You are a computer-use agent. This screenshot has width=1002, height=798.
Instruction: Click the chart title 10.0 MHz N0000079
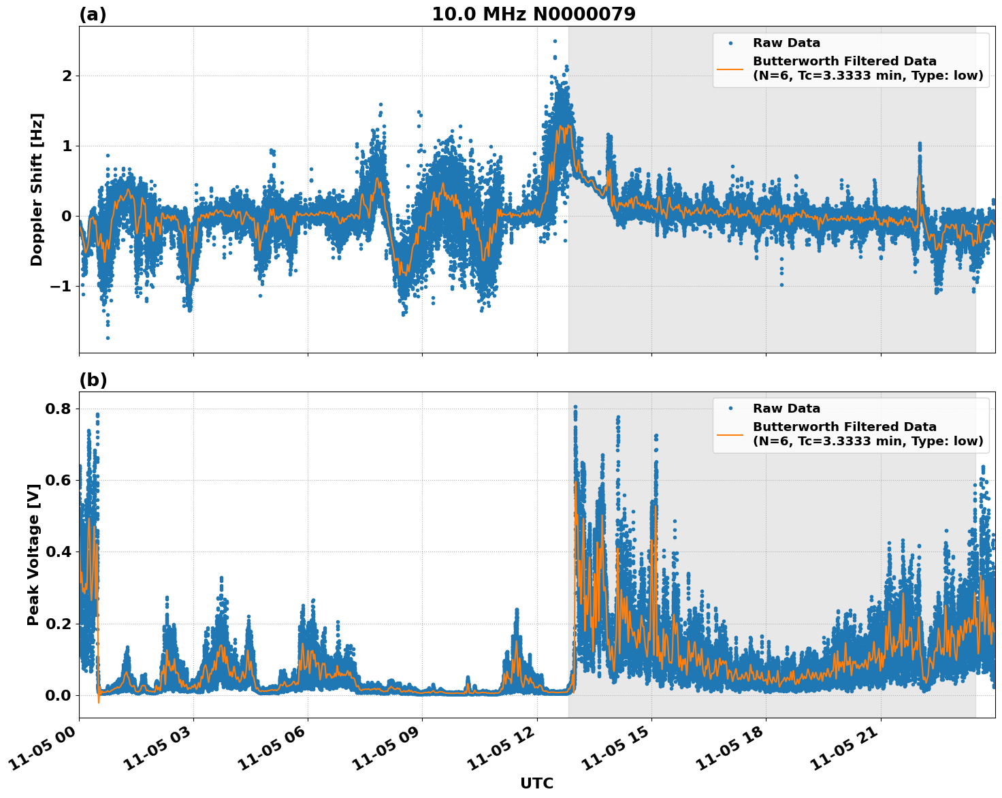(x=533, y=14)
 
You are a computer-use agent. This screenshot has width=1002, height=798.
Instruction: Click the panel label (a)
(x=93, y=14)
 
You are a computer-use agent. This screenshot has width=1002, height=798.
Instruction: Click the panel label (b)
(x=93, y=380)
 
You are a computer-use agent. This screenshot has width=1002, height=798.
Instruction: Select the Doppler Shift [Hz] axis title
(x=37, y=189)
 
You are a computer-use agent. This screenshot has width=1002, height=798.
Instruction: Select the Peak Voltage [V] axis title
(x=33, y=555)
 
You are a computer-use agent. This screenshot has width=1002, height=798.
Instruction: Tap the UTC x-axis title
(x=536, y=783)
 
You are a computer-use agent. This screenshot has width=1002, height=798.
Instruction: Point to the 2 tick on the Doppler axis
(x=67, y=76)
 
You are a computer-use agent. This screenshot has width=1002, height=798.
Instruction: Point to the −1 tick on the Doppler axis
(x=61, y=286)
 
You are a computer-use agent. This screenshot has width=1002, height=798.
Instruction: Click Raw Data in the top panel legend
(x=786, y=43)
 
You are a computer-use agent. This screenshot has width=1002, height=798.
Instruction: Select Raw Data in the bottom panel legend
(x=786, y=409)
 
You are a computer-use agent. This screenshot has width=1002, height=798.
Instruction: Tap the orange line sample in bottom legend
(x=730, y=434)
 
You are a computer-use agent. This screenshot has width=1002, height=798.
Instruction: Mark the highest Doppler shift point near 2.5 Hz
(x=555, y=41)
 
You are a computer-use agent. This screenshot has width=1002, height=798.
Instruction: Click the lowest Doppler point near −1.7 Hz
(x=108, y=338)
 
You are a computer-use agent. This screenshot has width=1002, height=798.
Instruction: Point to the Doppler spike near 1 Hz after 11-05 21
(x=920, y=144)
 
